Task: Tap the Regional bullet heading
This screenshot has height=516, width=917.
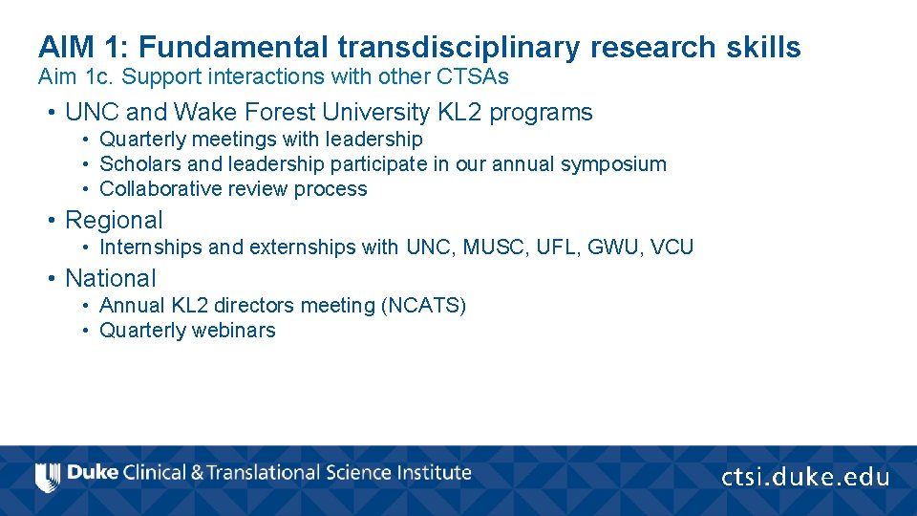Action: click(x=114, y=220)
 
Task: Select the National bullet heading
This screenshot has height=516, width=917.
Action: click(x=110, y=278)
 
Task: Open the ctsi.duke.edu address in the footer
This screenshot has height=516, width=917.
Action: click(x=804, y=477)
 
